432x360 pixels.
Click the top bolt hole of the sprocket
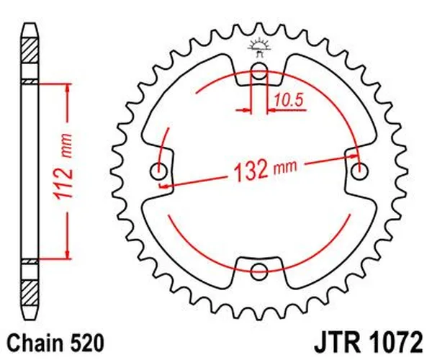coord(259,71)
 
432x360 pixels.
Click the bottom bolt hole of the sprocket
coord(259,271)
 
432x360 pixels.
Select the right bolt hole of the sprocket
coord(359,171)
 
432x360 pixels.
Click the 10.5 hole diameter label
coord(287,101)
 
